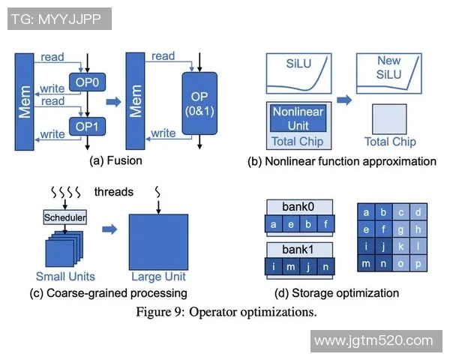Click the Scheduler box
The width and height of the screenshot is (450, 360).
point(64,217)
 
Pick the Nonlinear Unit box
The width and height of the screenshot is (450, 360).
point(298,118)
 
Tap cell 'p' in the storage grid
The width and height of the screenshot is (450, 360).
point(418,263)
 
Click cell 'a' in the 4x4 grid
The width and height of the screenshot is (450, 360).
point(366,212)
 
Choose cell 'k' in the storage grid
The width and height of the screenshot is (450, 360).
point(400,246)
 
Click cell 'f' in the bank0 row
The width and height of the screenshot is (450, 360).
point(326,223)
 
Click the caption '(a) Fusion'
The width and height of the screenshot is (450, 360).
point(115,160)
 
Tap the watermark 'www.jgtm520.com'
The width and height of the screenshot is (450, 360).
point(373,341)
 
